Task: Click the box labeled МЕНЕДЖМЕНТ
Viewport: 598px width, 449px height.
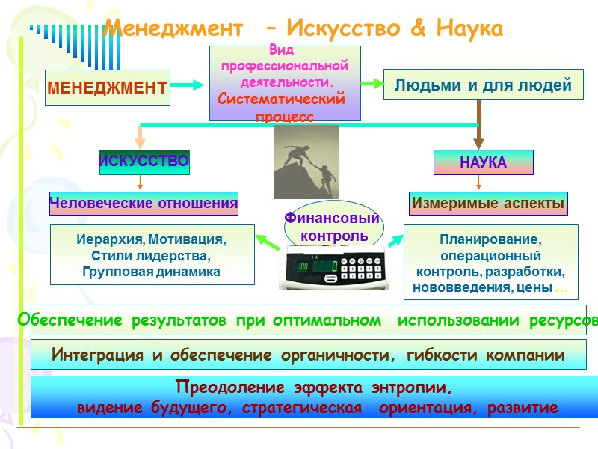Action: tap(108, 88)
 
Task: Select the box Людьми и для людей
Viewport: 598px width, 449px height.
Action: tap(482, 85)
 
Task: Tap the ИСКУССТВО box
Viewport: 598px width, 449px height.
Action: tap(144, 162)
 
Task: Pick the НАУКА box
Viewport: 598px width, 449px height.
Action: tap(483, 162)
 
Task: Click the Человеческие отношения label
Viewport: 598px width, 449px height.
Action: tap(144, 202)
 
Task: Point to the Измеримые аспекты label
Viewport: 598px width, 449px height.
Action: tap(487, 202)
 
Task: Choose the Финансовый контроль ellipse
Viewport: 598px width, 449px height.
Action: tap(332, 226)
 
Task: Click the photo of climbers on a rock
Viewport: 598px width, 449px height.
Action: tap(306, 161)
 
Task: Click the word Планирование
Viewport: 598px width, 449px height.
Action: tap(490, 240)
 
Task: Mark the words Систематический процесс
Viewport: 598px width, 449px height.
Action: tap(283, 108)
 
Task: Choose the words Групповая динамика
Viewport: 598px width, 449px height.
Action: tap(149, 272)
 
